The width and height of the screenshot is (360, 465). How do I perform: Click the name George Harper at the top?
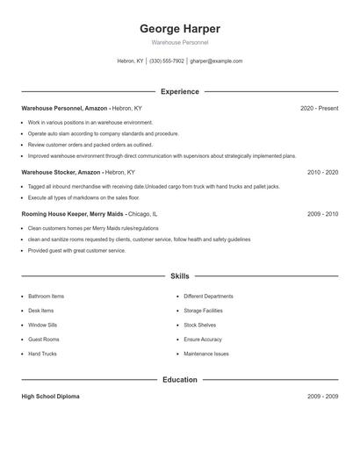(x=179, y=28)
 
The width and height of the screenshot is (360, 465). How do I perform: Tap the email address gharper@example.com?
(x=217, y=61)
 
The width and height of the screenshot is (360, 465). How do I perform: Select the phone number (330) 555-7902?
(x=167, y=61)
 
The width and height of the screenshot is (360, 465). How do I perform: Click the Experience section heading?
(x=179, y=91)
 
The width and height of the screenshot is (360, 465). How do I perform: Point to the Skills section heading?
(x=179, y=276)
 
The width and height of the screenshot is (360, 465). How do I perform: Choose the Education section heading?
(x=179, y=380)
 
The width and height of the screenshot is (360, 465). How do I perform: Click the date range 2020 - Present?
(x=319, y=109)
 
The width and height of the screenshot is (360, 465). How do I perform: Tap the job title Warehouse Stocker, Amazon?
(x=61, y=173)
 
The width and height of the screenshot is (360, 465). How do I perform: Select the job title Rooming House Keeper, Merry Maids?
(x=73, y=214)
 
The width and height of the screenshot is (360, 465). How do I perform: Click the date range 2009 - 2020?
(x=322, y=214)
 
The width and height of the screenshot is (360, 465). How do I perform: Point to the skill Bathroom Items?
(x=46, y=297)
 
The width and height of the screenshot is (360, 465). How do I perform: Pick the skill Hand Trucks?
(x=42, y=354)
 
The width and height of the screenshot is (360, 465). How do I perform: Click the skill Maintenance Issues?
(x=206, y=354)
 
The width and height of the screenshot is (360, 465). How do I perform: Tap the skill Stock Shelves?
(x=200, y=325)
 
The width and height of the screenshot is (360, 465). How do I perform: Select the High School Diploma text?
(x=50, y=397)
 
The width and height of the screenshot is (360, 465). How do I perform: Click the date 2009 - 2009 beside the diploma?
(x=322, y=397)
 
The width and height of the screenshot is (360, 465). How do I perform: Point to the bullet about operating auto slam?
(x=97, y=133)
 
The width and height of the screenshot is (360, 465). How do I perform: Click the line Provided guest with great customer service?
(x=76, y=250)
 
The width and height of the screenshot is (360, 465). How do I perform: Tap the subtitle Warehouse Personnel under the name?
(x=179, y=42)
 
